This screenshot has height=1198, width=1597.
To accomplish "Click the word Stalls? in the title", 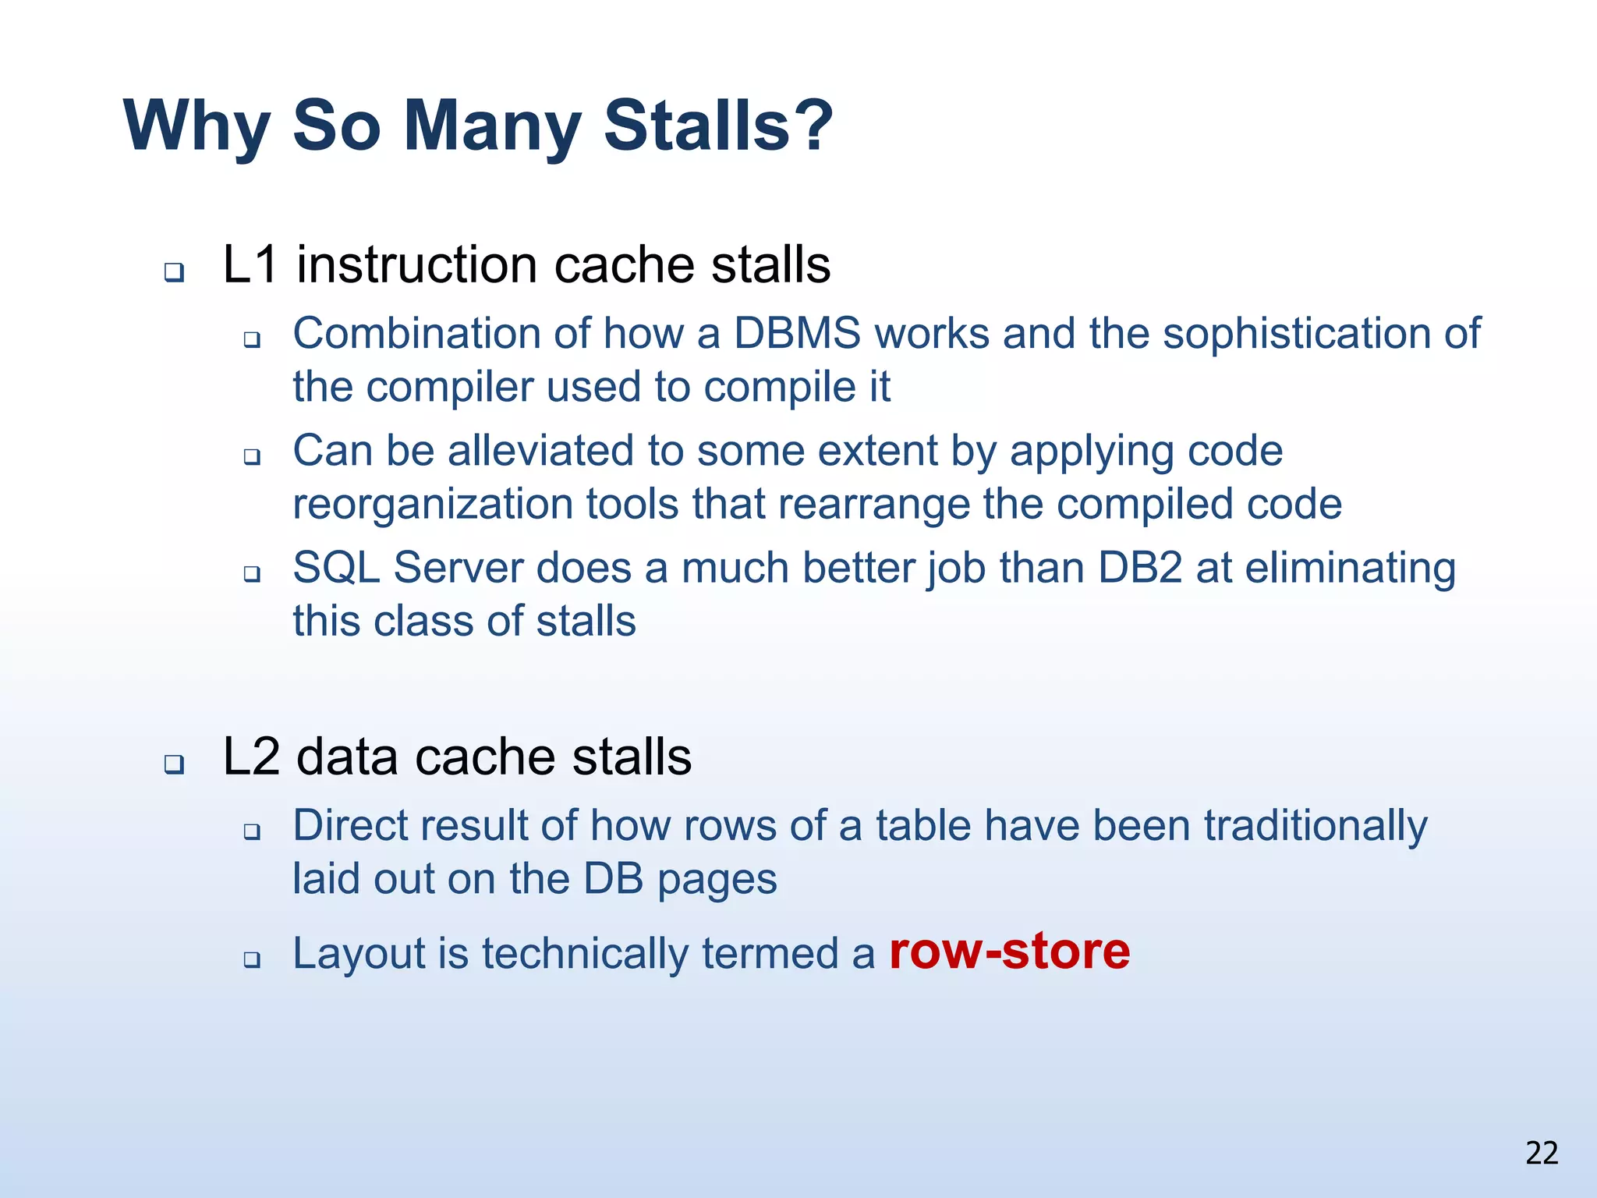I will click(x=718, y=126).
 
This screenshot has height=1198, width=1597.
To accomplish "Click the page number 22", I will click(x=1542, y=1153).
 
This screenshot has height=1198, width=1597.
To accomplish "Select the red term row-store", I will click(x=1009, y=952).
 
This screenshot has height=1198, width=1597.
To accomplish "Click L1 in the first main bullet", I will click(x=250, y=264).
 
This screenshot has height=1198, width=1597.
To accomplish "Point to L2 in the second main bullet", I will click(x=250, y=757).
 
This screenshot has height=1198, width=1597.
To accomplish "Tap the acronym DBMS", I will click(x=797, y=333).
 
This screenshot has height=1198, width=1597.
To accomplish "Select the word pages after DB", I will click(x=717, y=880).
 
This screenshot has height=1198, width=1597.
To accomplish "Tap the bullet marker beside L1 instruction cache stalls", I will click(x=174, y=273).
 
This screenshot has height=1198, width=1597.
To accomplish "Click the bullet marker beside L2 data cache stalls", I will click(x=174, y=764).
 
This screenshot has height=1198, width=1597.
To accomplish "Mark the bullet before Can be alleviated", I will click(x=251, y=457).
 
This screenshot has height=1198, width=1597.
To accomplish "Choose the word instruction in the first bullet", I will click(x=418, y=264).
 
